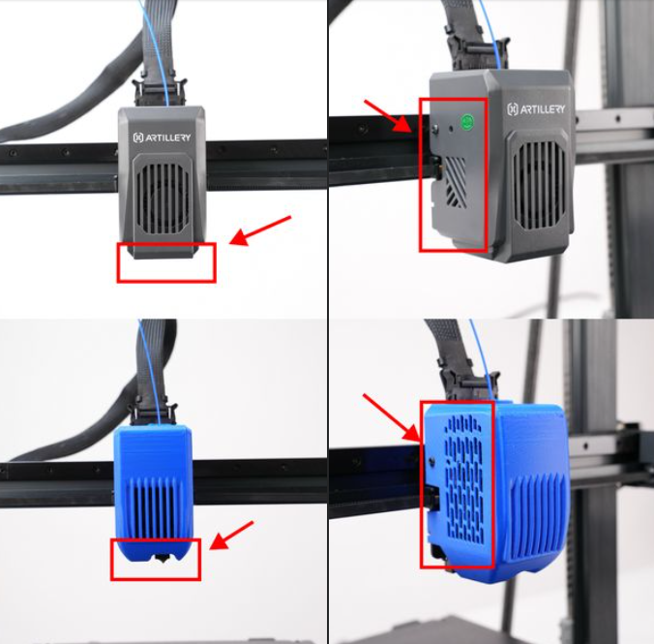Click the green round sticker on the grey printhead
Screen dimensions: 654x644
point(467,122)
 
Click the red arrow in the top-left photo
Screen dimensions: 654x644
point(260,230)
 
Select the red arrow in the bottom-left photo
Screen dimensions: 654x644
point(231,535)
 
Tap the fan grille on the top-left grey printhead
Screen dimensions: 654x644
point(163,198)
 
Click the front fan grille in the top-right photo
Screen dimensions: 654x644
point(541,185)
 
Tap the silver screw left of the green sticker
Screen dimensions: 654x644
point(435,130)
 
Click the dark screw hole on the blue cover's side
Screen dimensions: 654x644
point(432,461)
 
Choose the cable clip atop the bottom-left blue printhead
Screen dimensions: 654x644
point(152,414)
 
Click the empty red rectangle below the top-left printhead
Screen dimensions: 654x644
point(166,262)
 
